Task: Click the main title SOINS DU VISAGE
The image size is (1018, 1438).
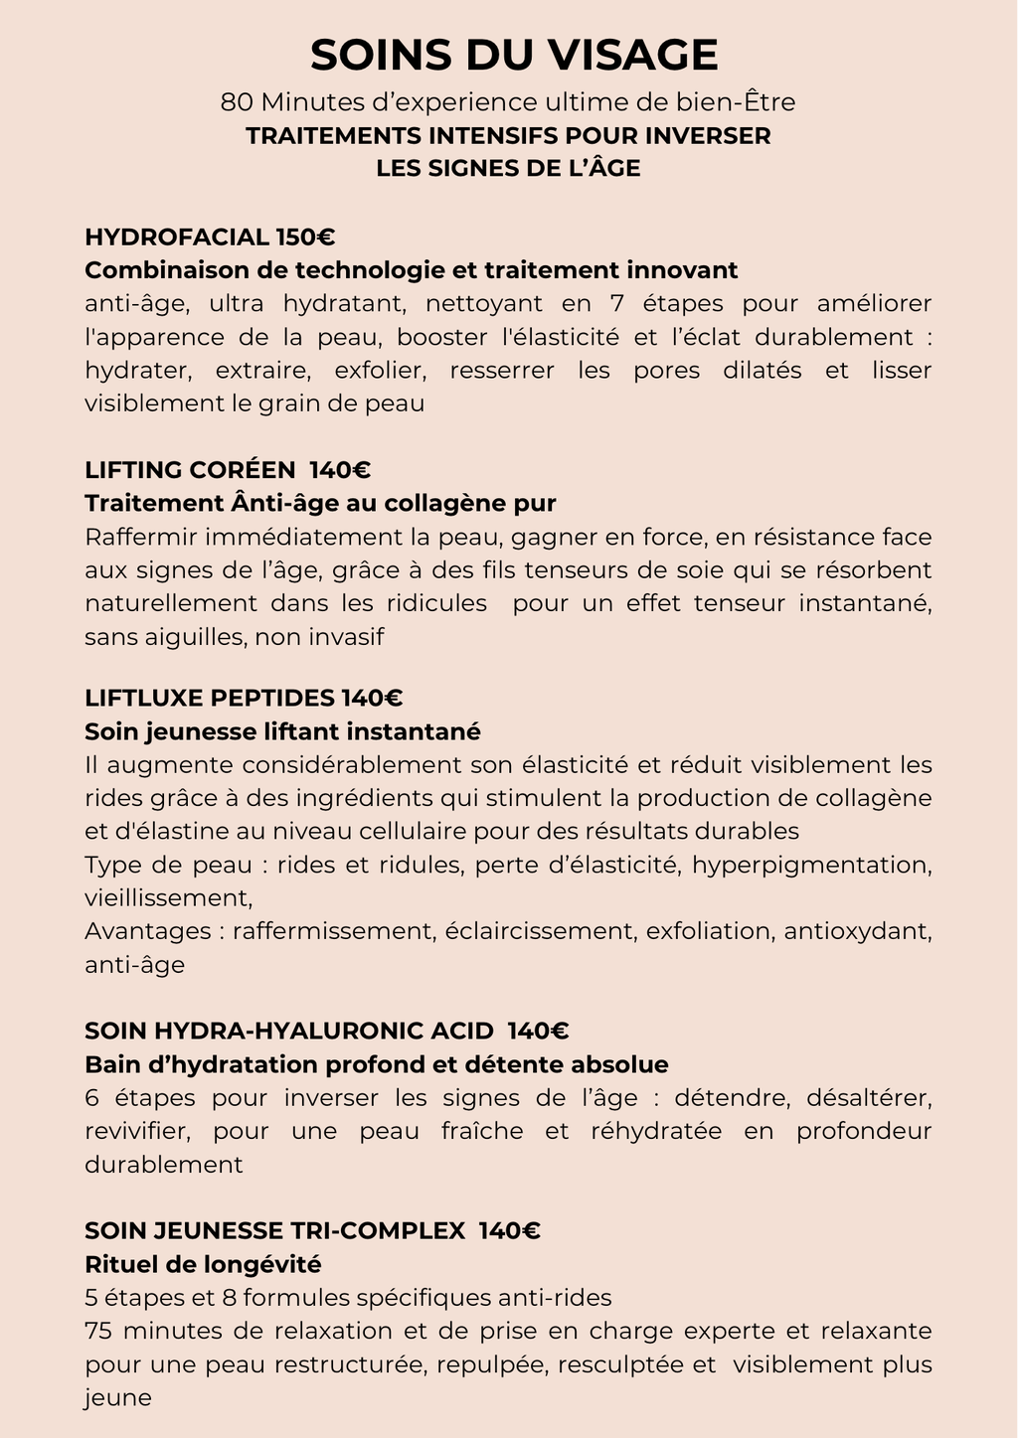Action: click(514, 55)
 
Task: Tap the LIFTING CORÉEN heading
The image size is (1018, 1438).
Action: click(190, 470)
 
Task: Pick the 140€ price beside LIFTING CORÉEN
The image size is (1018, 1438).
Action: click(340, 470)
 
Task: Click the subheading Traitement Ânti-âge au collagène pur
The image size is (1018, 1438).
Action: click(320, 503)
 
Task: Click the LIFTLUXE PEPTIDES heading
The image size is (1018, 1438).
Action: click(209, 698)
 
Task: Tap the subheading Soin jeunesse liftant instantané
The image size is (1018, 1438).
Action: click(282, 731)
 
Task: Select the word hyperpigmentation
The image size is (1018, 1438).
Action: click(810, 865)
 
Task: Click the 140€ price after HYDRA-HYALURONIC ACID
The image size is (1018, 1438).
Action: click(538, 1032)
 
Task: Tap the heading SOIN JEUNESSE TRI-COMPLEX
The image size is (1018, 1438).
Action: click(274, 1231)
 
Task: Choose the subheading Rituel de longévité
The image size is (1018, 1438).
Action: click(203, 1264)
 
